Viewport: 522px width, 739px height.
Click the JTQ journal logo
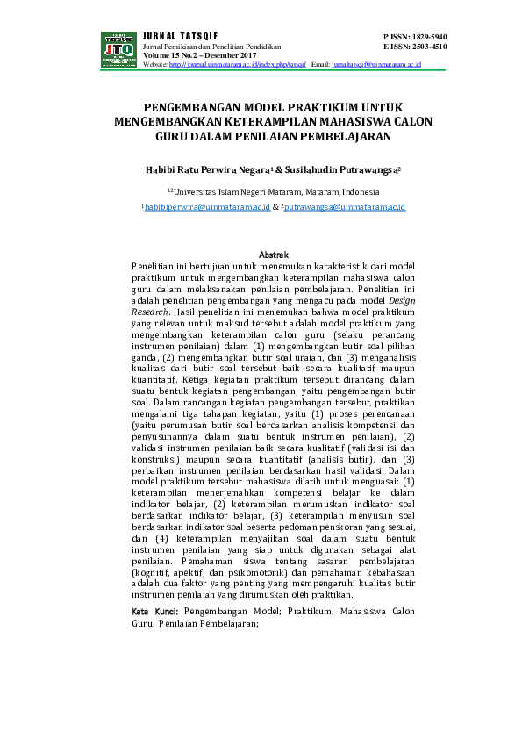[119, 49]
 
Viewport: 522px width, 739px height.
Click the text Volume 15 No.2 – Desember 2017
[193, 55]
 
